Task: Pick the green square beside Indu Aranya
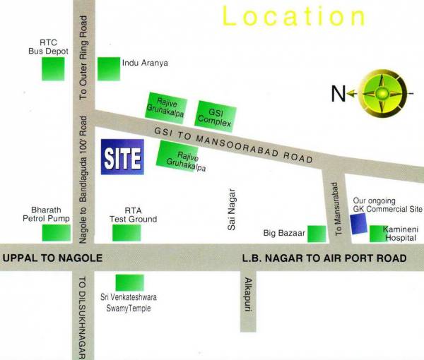(x=108, y=68)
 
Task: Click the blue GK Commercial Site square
(x=359, y=224)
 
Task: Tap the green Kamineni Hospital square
(x=374, y=234)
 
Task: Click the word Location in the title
(x=295, y=17)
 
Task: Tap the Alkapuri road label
(x=247, y=291)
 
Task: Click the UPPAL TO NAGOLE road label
(x=53, y=258)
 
